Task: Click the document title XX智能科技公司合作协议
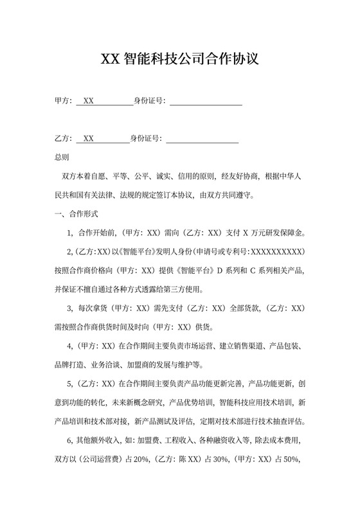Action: coord(180,60)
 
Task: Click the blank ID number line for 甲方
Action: coord(205,101)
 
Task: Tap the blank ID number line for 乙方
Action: coord(202,138)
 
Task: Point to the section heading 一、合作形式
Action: coord(76,213)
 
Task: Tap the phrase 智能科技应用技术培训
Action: coord(256,403)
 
